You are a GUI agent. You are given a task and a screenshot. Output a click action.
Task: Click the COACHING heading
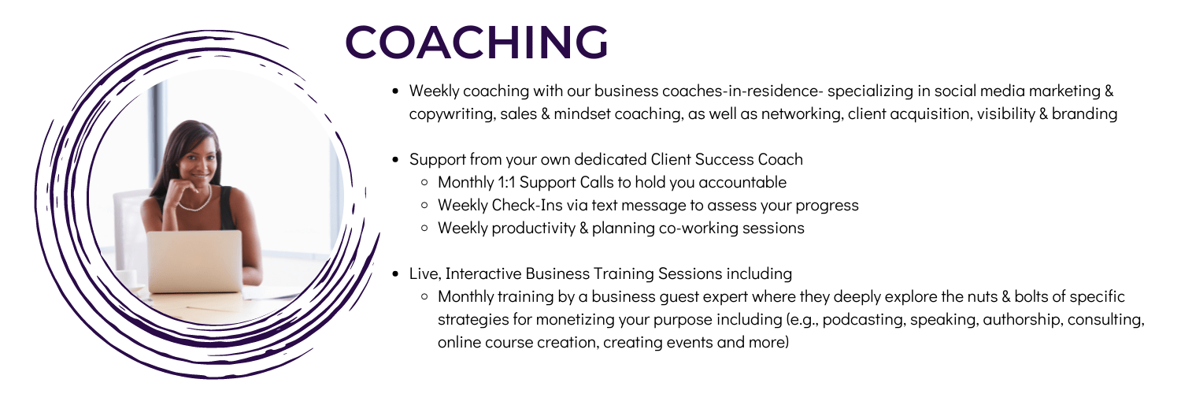coord(476,42)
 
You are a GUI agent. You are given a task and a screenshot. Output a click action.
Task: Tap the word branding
coord(1084,113)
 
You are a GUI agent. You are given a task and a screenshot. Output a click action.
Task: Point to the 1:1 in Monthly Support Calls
coord(506,183)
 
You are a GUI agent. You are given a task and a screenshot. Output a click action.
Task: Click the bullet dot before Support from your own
coord(395,160)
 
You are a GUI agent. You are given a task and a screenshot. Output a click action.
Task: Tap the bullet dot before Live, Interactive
coord(395,274)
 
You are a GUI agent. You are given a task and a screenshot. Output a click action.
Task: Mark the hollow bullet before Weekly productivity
coord(424,229)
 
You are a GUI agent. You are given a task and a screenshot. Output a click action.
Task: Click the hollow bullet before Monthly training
coord(424,297)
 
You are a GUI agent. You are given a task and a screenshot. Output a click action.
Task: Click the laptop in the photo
coord(194,261)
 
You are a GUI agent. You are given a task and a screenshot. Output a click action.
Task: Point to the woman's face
coord(198,158)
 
